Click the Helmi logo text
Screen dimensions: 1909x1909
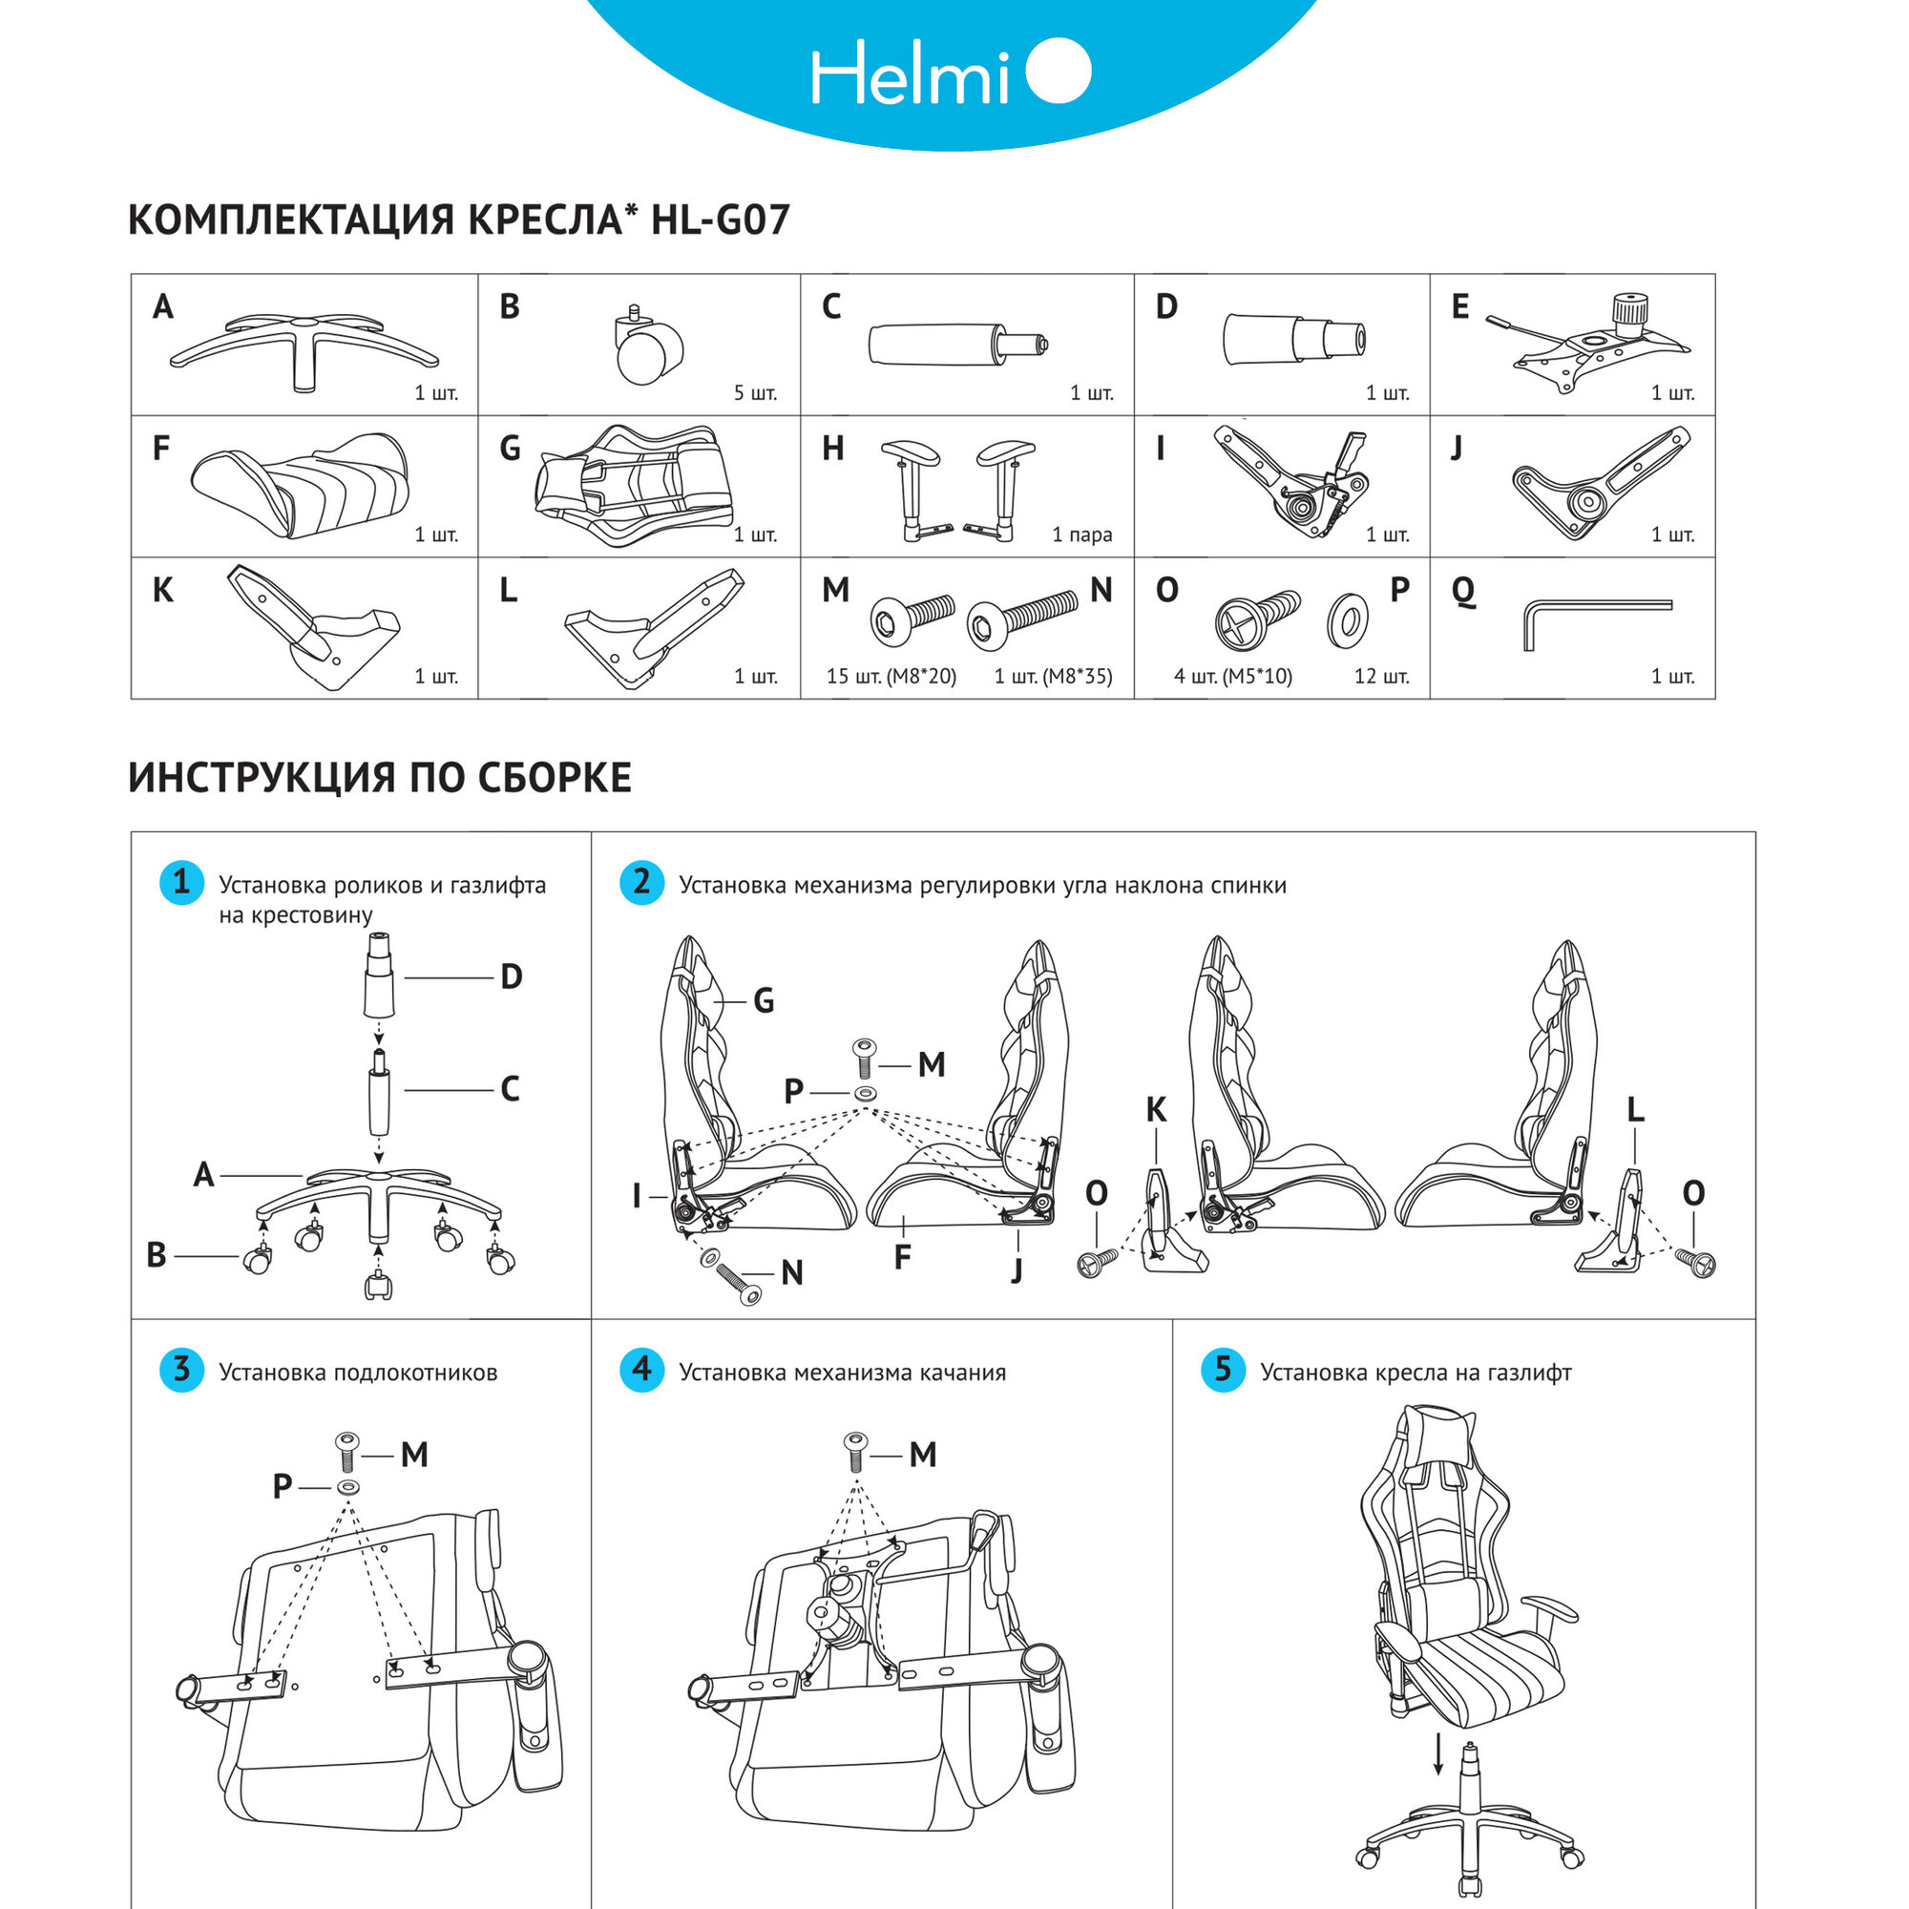[909, 73]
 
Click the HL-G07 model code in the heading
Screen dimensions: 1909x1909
[721, 220]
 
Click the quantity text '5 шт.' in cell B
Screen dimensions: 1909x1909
[755, 393]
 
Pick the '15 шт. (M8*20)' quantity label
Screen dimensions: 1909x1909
[892, 677]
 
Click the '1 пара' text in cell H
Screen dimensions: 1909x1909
[1082, 535]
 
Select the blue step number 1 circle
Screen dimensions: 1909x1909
[181, 881]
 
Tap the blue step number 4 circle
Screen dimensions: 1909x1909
[642, 1370]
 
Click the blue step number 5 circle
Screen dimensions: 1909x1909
[1224, 1370]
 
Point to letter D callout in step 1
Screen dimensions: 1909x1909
[511, 977]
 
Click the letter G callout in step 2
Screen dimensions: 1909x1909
[764, 1002]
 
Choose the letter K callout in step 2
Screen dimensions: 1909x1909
[1156, 1111]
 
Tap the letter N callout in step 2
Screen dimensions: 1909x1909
[791, 1273]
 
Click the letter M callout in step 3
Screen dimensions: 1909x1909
[414, 1455]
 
